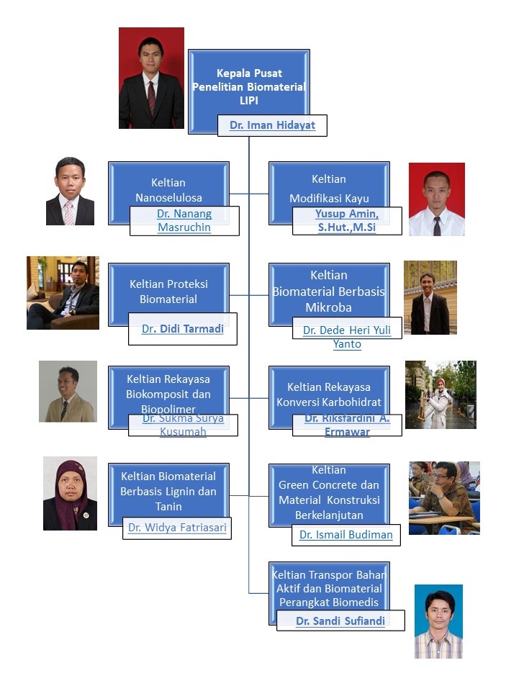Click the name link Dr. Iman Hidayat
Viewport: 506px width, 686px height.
[x=272, y=125]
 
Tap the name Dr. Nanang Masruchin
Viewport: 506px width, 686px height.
[x=184, y=221]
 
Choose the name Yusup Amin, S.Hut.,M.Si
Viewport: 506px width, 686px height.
[x=347, y=221]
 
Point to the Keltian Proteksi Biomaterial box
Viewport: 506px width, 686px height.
[x=168, y=288]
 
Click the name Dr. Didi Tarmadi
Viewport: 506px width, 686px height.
[x=183, y=329]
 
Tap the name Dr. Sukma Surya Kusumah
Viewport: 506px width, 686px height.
[x=183, y=425]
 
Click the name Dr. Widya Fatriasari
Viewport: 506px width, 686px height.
[x=177, y=528]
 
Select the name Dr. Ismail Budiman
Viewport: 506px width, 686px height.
[x=346, y=534]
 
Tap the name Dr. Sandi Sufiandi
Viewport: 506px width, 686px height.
[x=340, y=620]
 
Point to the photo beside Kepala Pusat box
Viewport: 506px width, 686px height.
[x=151, y=78]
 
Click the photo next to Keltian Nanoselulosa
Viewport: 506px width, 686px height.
[x=71, y=191]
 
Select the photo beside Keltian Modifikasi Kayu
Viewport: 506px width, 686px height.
[x=437, y=199]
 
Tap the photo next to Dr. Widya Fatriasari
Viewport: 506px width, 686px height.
[x=70, y=493]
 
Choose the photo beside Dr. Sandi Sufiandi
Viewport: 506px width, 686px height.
[x=438, y=621]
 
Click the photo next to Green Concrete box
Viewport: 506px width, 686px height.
[x=444, y=498]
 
